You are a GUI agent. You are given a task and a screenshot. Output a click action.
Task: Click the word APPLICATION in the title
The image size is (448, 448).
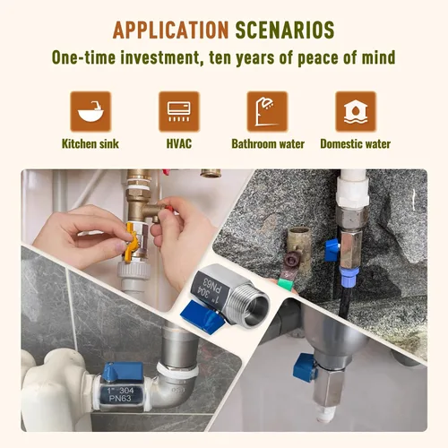170,30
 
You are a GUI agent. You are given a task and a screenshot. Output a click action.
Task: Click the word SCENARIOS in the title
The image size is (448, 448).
285,30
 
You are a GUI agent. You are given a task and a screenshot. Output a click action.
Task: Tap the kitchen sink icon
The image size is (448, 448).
90,112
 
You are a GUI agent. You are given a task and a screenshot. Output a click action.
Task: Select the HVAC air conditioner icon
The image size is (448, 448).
179,112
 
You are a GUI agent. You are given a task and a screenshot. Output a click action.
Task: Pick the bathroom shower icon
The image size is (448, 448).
267,112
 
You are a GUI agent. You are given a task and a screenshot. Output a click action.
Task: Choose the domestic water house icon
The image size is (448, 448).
356,112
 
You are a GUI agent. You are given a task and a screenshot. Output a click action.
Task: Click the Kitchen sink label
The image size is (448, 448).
90,144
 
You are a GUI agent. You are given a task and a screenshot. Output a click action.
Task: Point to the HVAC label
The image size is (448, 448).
179,144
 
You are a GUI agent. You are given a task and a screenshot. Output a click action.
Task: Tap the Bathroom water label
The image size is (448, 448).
268,144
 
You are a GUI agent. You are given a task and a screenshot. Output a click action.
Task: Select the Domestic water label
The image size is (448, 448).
356,144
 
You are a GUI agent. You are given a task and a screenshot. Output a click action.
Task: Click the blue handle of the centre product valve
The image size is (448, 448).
198,314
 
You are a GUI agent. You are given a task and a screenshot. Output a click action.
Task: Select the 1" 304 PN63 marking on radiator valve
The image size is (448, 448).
120,394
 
